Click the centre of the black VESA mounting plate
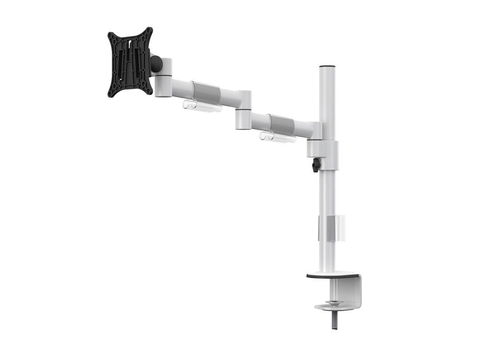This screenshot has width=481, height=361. pos(130,62)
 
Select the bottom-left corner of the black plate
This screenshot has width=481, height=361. pos(110,94)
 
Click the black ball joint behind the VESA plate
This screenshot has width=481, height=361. pos(156,63)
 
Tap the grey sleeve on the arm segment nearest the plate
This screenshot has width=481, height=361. pos(206,93)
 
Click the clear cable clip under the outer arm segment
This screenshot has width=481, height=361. pos(202,106)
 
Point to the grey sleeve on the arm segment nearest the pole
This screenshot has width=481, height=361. pos(281,123)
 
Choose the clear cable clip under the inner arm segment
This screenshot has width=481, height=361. pos(278,137)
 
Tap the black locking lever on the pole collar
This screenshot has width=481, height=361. pos(316,165)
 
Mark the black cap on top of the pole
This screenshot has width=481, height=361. pos(327,66)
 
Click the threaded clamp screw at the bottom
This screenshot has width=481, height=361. pos(334,320)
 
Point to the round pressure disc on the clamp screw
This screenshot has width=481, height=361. pos(332,306)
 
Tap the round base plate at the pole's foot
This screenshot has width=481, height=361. pos(332,275)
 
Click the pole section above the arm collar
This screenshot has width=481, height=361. pos(327,103)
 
